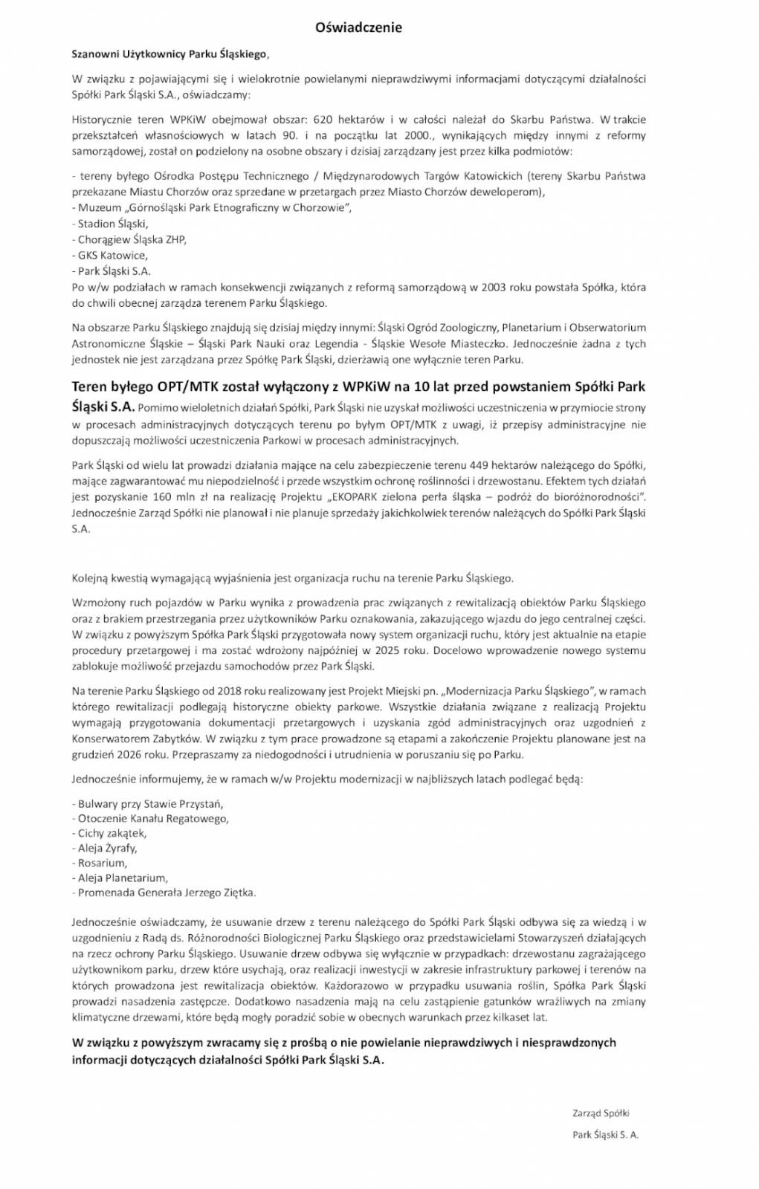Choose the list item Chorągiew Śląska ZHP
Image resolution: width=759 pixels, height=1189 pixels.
(132, 239)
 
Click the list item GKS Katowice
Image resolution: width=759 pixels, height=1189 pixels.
(112, 255)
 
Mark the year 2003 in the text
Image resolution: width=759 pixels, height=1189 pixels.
(493, 287)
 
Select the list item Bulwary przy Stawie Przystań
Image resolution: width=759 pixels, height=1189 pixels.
(147, 803)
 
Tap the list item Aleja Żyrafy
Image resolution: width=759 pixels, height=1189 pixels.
(106, 847)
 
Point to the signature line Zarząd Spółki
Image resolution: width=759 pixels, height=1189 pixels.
(601, 1112)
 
